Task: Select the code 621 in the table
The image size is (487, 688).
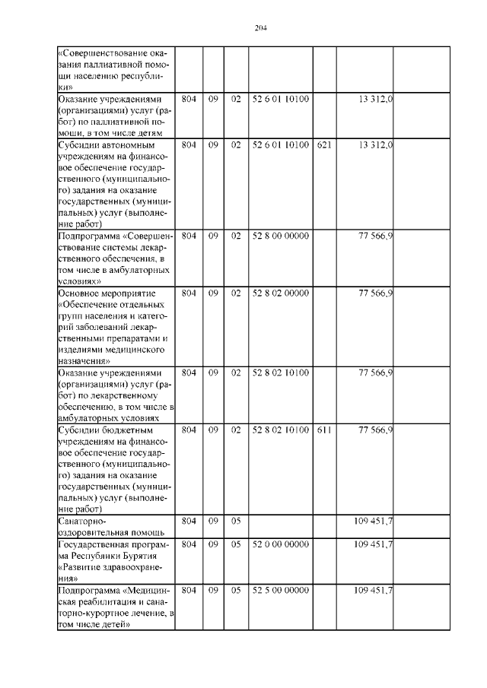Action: (323, 144)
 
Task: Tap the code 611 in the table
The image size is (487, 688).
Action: (323, 430)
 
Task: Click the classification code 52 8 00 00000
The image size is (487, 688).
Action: (280, 236)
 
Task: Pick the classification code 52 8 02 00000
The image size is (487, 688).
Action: (280, 293)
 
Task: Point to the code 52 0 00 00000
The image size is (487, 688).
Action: (280, 544)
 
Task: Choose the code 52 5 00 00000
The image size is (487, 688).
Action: (280, 590)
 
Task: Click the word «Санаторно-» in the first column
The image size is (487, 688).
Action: (84, 522)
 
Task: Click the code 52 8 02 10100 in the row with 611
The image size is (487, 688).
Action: (280, 430)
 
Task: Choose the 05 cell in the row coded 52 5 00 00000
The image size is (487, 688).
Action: (236, 590)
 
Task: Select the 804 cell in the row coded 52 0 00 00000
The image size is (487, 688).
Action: (190, 544)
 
